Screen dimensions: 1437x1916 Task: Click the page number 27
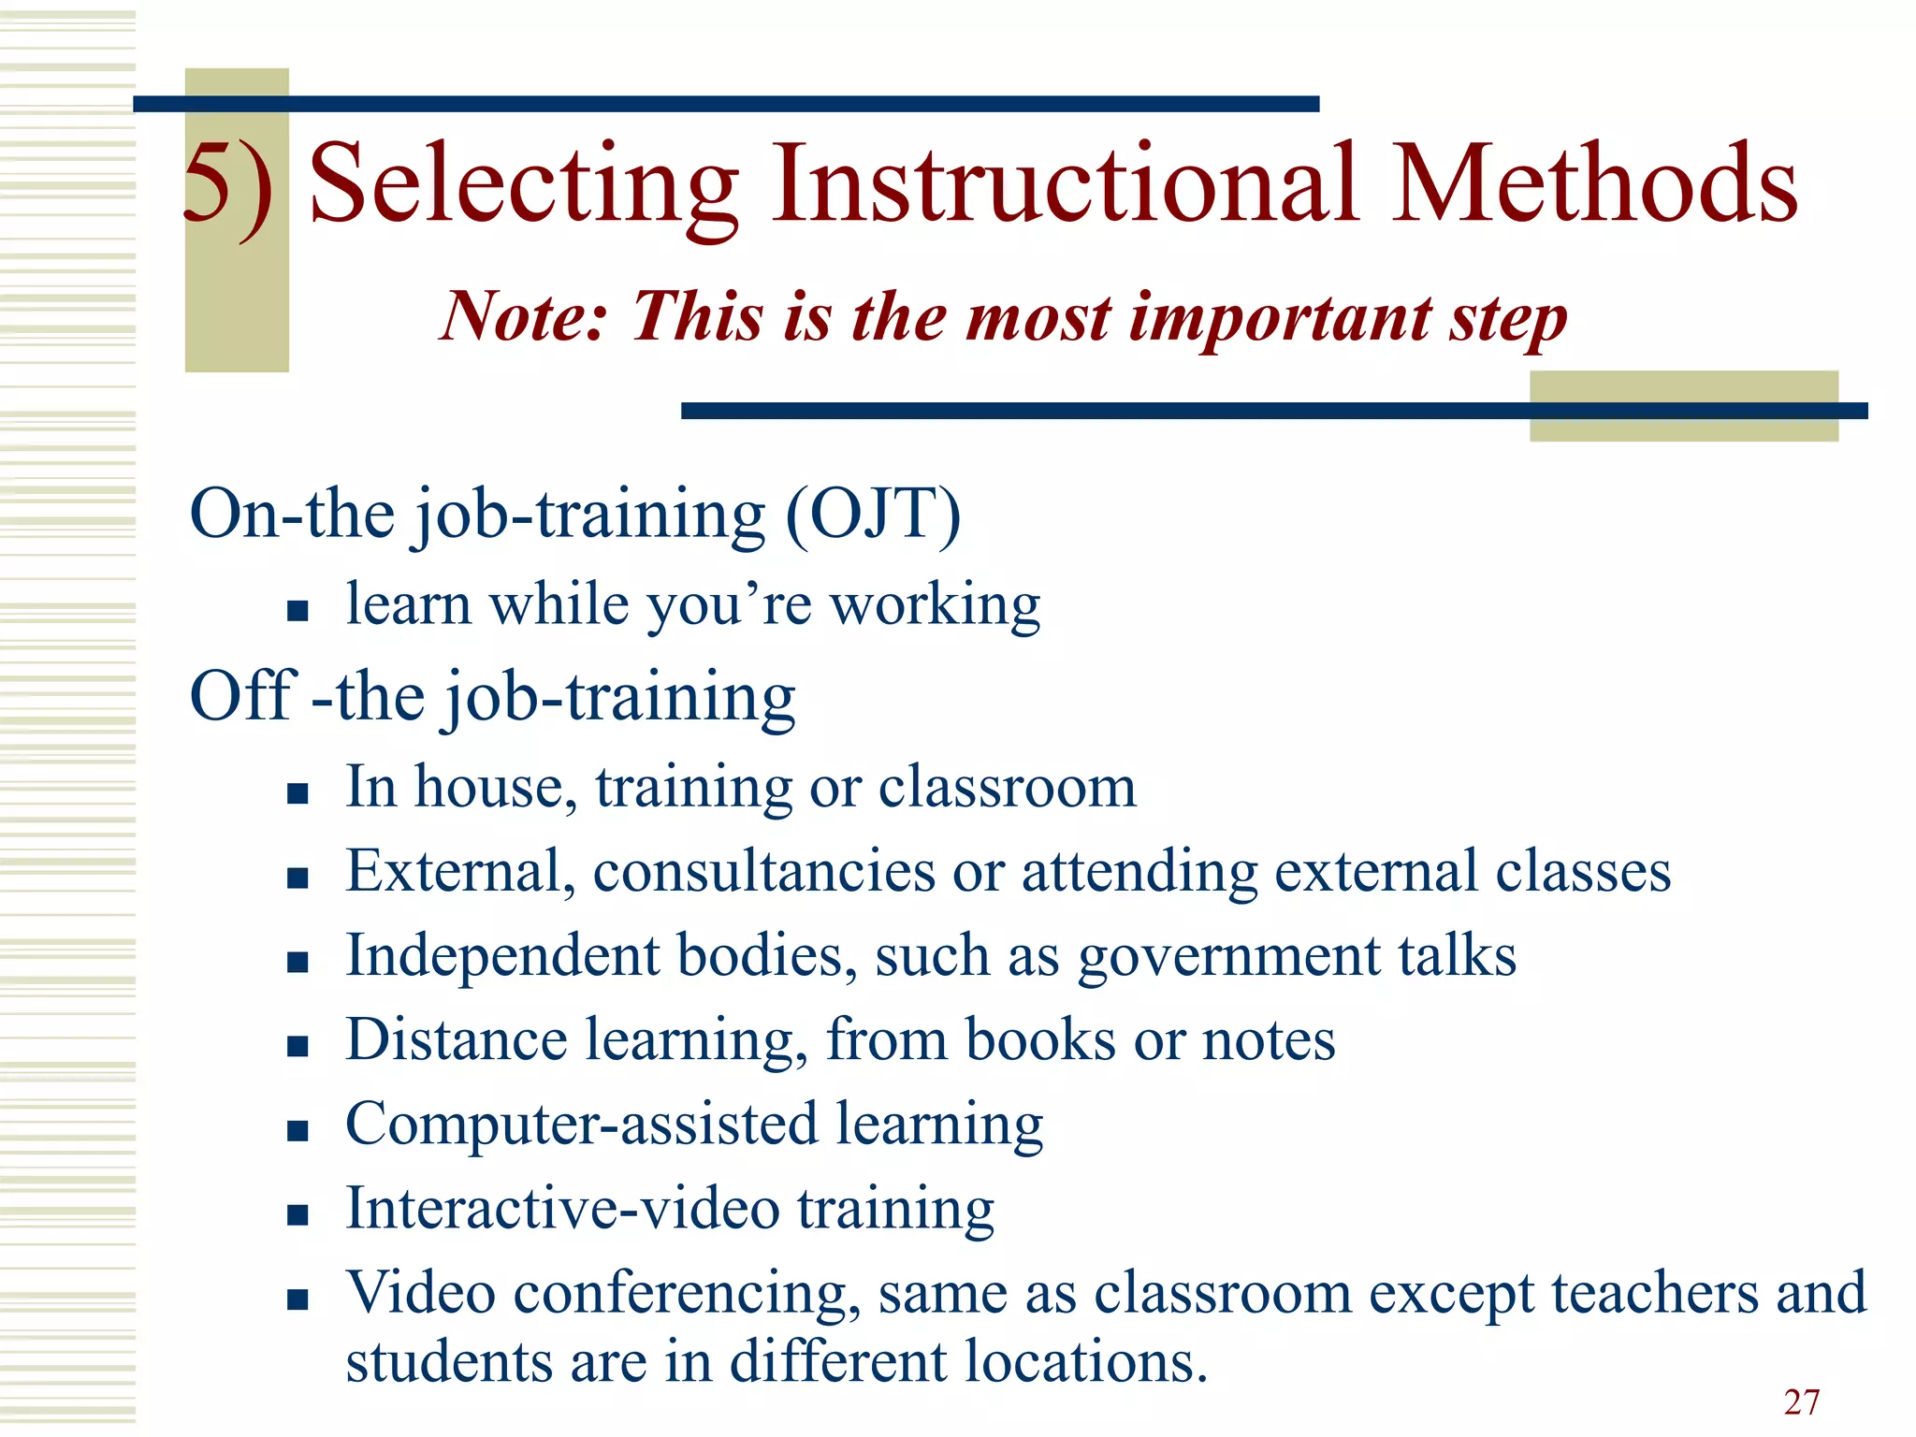coord(1801,1402)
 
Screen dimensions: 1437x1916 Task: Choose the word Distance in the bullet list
coord(456,1039)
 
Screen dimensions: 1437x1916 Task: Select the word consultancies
coord(763,872)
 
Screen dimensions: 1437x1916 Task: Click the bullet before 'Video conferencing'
coord(298,1299)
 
